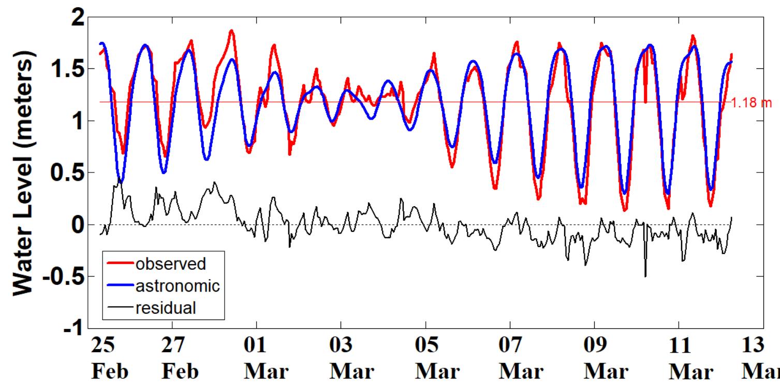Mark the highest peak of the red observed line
pos(231,31)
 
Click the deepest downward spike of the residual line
pos(645,276)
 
